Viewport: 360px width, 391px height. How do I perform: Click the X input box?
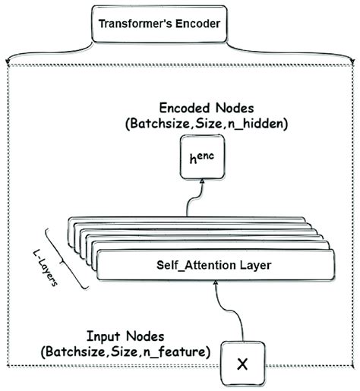(x=242, y=364)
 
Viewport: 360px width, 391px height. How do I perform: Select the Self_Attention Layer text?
(x=215, y=266)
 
